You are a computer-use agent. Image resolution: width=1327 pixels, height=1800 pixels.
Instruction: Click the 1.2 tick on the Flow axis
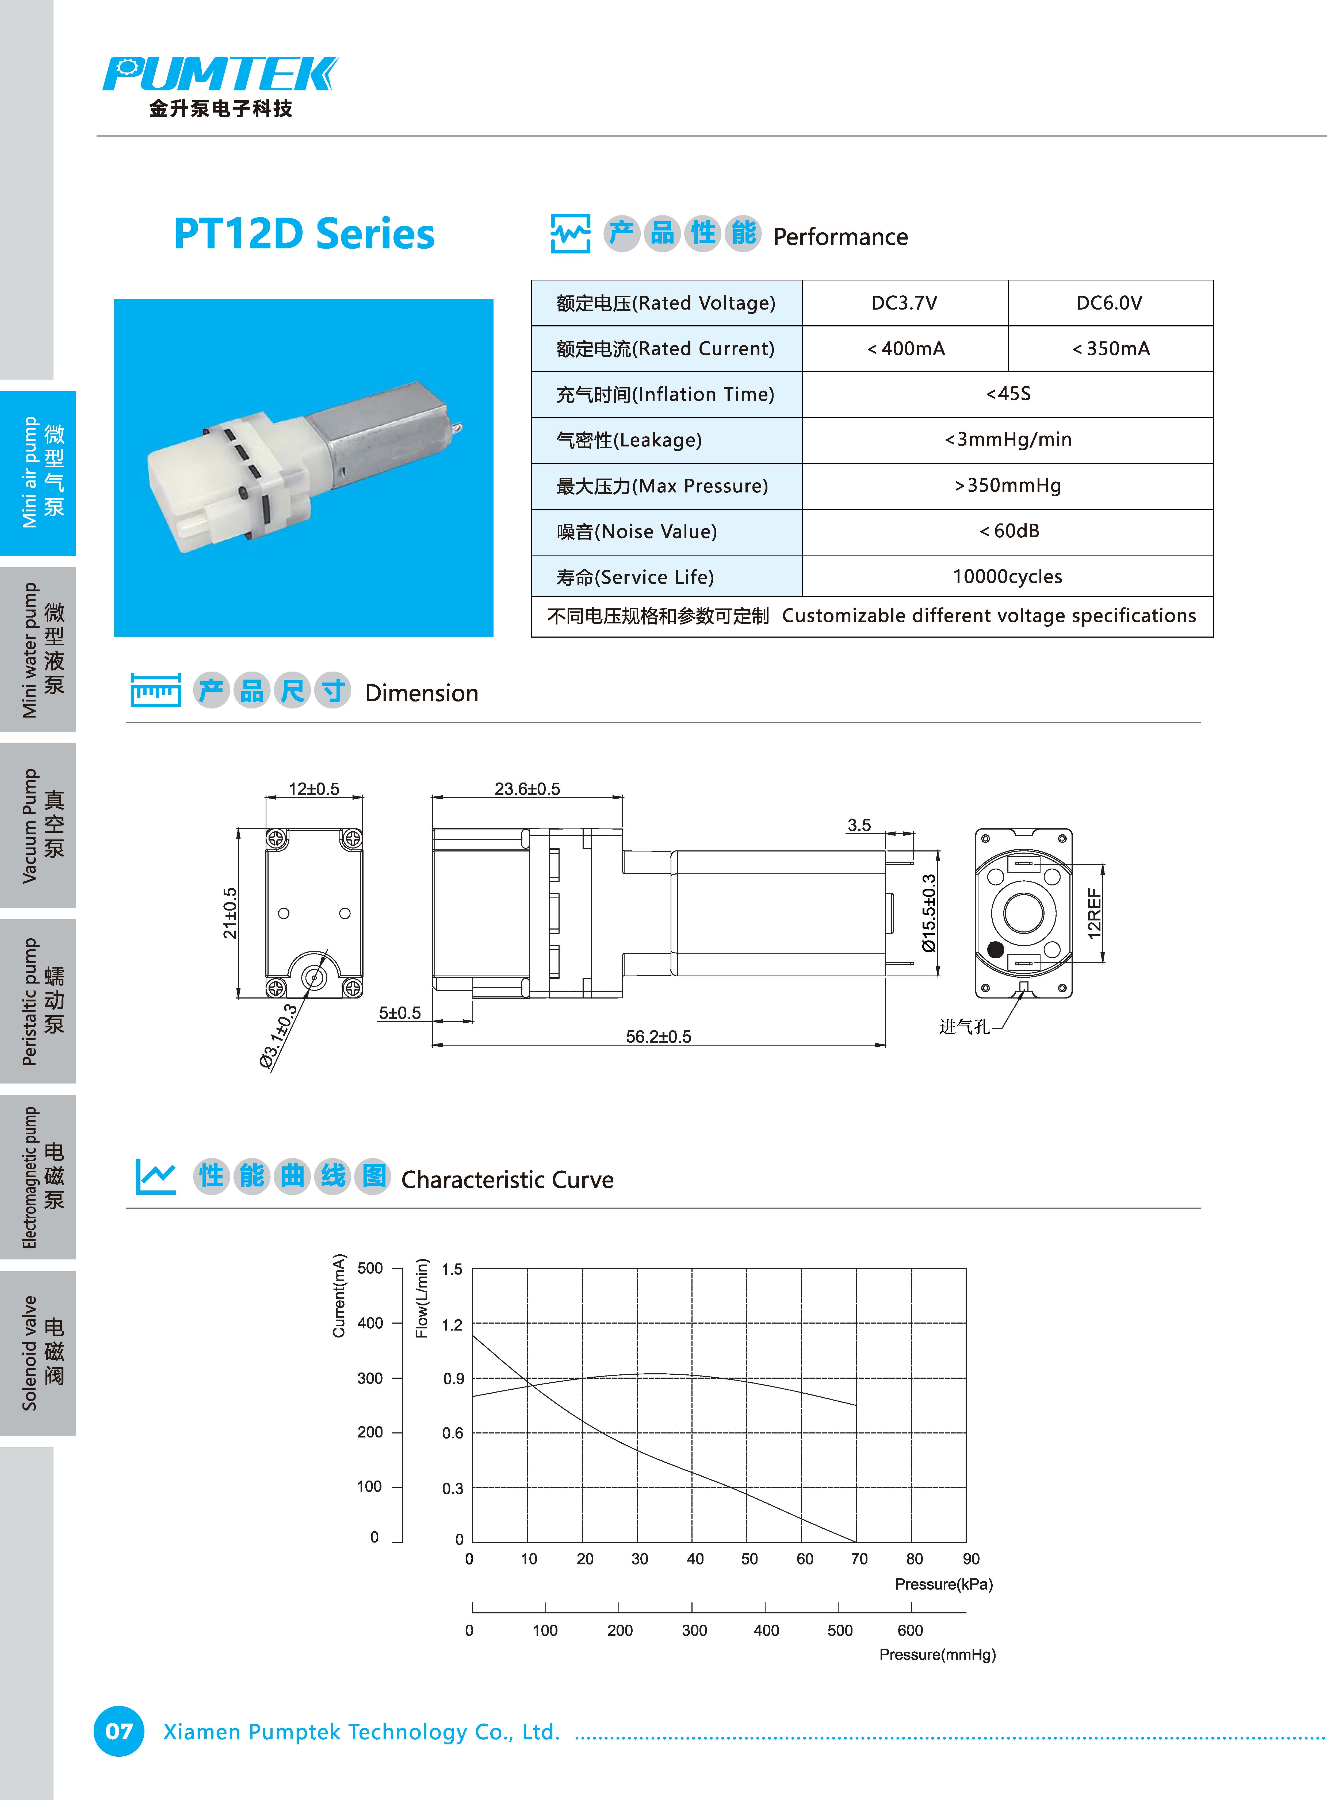point(452,1325)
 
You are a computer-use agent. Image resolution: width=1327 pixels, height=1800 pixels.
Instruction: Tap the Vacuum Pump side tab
point(38,825)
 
